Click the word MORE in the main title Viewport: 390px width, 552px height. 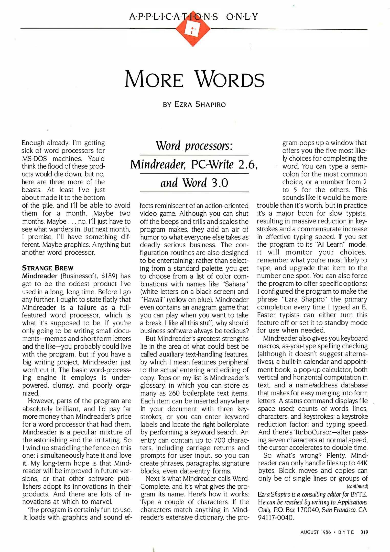(x=154, y=80)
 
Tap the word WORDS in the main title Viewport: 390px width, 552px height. (x=230, y=80)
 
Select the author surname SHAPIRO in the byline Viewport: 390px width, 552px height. (x=211, y=105)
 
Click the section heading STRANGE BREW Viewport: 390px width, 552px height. (x=48, y=268)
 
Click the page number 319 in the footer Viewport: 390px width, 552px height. (x=364, y=532)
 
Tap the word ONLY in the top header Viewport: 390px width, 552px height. (x=242, y=17)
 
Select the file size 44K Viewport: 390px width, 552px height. (x=362, y=463)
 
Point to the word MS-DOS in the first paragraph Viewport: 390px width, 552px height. (x=34, y=159)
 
